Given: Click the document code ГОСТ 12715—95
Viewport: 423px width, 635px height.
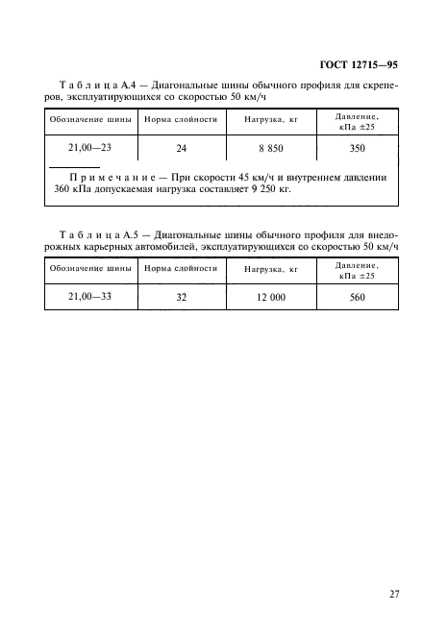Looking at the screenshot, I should point(358,65).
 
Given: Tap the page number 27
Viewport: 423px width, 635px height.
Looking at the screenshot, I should point(393,595).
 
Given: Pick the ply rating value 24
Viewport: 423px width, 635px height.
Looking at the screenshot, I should point(182,149).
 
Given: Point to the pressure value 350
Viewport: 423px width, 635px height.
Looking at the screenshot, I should point(358,149).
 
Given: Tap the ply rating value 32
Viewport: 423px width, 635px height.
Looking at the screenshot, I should point(182,299).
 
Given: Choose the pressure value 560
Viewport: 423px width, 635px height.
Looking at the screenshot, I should point(358,299).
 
